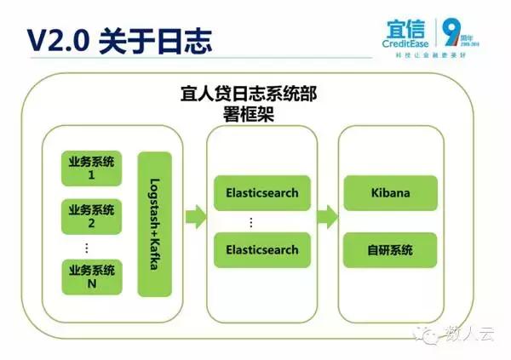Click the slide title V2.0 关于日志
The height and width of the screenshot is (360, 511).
(x=119, y=40)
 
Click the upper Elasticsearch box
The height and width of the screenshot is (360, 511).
(x=261, y=192)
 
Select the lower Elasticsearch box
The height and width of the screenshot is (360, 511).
(x=261, y=249)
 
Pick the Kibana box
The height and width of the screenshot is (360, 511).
(x=389, y=192)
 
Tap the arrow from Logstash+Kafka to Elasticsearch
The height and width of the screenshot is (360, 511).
(x=195, y=217)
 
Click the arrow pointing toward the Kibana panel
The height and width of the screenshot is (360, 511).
(x=326, y=217)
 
